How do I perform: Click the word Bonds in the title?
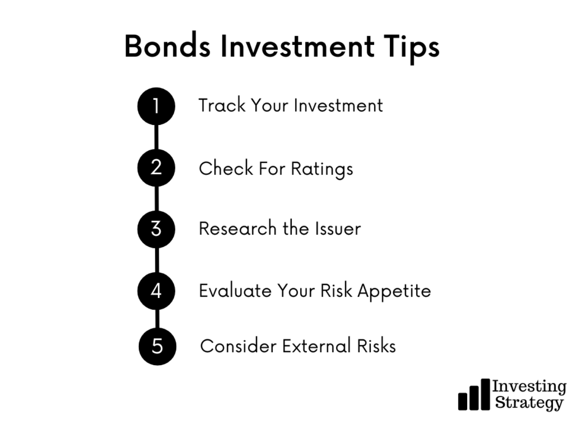point(167,46)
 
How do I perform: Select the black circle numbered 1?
point(156,106)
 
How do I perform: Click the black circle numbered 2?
point(156,168)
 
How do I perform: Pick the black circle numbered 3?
point(156,229)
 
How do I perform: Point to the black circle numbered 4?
point(156,291)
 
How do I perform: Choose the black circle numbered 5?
point(157,346)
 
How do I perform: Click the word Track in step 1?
point(222,105)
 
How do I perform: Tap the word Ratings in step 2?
point(322,169)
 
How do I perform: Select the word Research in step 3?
point(237,228)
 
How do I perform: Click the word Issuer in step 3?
point(338,228)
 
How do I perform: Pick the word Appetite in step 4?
point(394,292)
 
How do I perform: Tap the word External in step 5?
point(316,346)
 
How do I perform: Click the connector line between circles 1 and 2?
point(157,137)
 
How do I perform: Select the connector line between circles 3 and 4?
point(157,260)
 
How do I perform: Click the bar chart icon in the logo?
point(474,395)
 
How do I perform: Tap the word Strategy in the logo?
point(529,403)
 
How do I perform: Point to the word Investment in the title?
point(297,46)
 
